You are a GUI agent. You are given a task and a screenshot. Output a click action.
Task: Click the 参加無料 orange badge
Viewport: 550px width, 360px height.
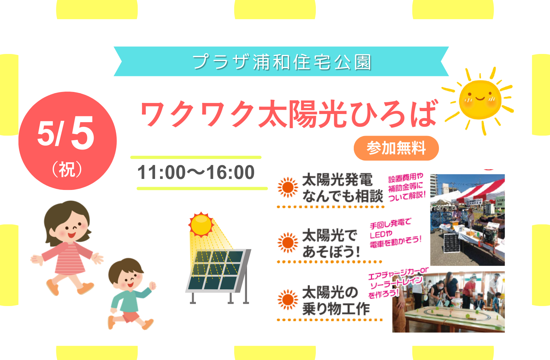(396, 148)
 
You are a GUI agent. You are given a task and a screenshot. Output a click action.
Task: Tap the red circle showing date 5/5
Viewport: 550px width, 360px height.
(67, 141)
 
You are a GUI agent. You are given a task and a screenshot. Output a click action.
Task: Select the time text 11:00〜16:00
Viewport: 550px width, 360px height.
(196, 172)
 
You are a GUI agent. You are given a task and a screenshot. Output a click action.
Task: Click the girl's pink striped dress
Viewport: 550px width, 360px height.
(69, 258)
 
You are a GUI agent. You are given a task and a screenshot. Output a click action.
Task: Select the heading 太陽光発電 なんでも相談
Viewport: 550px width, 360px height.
(342, 188)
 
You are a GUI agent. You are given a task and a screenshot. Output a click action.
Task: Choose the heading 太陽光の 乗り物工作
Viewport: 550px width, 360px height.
(336, 300)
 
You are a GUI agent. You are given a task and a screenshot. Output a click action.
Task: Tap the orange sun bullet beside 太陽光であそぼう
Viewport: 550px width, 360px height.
(288, 243)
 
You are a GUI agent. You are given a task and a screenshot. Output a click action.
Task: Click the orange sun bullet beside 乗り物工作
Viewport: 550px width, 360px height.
(288, 300)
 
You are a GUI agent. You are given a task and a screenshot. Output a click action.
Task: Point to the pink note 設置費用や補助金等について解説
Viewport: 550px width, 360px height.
(407, 187)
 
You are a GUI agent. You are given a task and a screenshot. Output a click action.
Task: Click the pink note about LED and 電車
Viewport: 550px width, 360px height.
(395, 233)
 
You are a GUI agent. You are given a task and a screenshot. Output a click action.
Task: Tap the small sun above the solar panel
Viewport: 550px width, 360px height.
(201, 225)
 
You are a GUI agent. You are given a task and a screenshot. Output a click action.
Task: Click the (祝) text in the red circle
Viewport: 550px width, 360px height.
(67, 169)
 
